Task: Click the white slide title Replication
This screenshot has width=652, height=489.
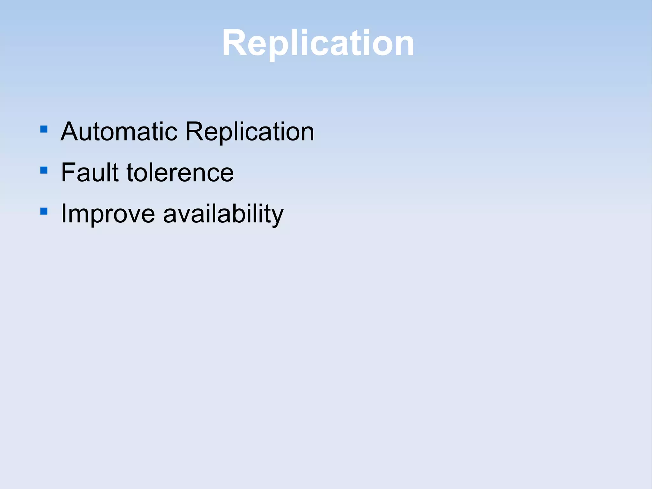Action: pos(318,43)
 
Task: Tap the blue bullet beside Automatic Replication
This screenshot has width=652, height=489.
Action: pos(44,129)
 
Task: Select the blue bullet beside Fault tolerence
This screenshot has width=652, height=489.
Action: pos(44,170)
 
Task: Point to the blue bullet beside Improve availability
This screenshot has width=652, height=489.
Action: pos(44,211)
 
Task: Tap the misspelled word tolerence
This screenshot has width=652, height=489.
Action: pos(180,172)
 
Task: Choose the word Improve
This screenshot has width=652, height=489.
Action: pos(108,213)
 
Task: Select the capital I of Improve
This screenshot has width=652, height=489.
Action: pos(63,213)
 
